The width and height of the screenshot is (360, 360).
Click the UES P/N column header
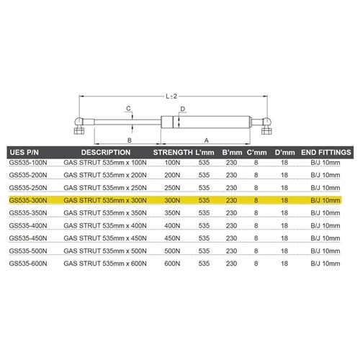point(24,153)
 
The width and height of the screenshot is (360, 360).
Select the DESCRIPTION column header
point(106,153)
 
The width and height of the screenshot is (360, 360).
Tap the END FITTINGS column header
point(326,153)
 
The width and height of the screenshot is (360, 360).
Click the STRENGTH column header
point(173,153)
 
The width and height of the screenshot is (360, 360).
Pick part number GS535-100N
point(28,163)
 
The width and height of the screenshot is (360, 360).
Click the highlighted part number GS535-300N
point(28,200)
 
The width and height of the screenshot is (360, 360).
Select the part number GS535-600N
point(28,264)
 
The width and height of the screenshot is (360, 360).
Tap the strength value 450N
point(172,238)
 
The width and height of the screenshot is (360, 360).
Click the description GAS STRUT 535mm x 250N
point(105,188)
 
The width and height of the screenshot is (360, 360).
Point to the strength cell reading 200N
point(172,175)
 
